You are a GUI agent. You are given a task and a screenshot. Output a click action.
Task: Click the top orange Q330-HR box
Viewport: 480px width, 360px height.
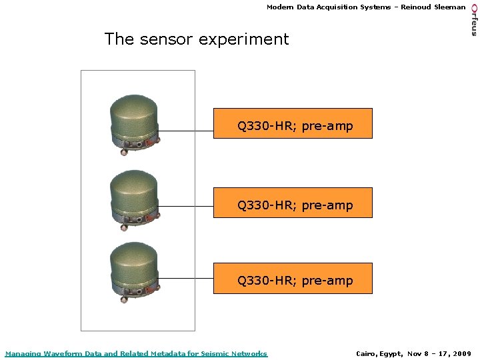tap(293, 123)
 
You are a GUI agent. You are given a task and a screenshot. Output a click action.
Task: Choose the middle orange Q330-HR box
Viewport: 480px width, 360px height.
tap(293, 203)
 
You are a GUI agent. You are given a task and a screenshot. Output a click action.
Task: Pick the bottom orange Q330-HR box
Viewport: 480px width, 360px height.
tap(293, 279)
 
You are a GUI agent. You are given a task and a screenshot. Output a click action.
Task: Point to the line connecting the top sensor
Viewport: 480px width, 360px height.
tap(187, 131)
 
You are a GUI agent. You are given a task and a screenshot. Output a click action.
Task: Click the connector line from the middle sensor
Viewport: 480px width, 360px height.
tap(187, 207)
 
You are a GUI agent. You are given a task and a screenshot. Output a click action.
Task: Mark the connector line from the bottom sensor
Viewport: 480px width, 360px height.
tap(187, 278)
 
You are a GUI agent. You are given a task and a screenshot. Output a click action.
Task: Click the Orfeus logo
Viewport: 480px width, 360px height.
tap(473, 19)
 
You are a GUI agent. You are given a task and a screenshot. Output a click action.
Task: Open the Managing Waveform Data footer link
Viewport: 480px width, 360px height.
tap(136, 353)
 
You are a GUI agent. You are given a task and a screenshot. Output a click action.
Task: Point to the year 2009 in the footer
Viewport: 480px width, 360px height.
tap(461, 353)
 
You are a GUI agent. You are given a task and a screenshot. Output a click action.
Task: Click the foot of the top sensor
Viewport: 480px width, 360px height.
tap(123, 153)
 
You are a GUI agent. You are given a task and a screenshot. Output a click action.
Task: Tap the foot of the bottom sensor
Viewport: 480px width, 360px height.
tap(123, 301)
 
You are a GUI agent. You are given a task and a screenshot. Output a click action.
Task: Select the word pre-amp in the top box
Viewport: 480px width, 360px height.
tap(327, 126)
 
